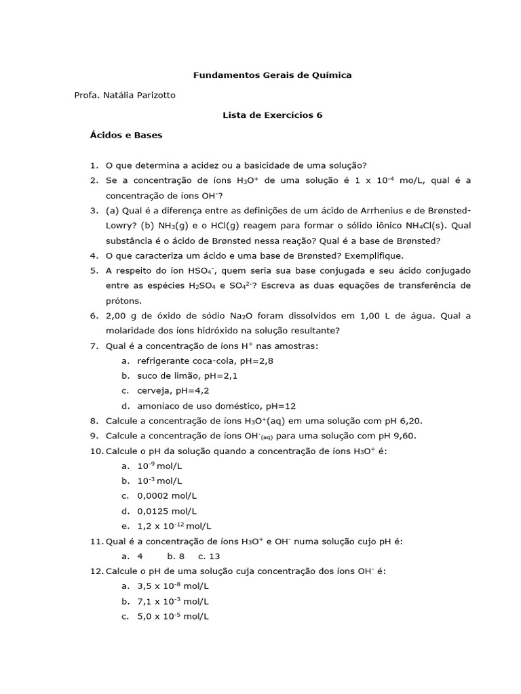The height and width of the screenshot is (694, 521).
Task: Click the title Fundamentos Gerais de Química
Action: click(x=273, y=75)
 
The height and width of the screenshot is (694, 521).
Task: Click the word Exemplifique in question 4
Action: click(x=374, y=256)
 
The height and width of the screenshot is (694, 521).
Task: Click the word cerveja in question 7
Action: click(x=153, y=390)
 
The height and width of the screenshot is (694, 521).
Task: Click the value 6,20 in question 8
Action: click(x=400, y=421)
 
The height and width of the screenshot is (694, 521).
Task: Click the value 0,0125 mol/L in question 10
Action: click(x=167, y=510)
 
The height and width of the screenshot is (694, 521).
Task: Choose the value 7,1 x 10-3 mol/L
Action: click(x=172, y=600)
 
